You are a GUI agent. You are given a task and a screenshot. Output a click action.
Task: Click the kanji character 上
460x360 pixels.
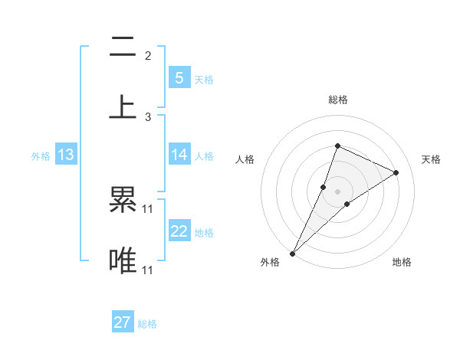123,106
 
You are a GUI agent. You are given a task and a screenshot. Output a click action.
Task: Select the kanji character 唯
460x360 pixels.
123,260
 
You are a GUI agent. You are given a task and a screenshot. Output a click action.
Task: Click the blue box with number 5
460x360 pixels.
179,77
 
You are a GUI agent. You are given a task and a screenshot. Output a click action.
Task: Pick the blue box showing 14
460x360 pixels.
179,155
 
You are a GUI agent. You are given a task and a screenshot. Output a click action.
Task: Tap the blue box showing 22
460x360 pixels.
179,231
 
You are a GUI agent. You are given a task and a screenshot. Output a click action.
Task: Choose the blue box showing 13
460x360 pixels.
66,155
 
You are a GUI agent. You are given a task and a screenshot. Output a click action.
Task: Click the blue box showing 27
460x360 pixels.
123,322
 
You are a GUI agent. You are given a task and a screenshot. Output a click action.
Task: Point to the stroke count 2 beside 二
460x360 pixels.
148,55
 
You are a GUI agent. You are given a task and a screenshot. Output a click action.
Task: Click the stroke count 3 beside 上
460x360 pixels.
148,116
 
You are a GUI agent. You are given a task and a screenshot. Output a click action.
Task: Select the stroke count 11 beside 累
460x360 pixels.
148,208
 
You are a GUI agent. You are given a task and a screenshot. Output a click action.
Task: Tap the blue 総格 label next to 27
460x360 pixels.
147,324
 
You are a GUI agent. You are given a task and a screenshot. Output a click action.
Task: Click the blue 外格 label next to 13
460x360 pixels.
41,156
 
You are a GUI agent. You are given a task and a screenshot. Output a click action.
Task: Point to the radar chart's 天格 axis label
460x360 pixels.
431,159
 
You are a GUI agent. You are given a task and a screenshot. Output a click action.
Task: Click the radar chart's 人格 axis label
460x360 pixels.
245,159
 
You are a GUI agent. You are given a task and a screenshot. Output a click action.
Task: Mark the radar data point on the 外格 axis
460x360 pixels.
292,254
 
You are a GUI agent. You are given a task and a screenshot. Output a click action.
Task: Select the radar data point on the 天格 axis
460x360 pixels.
396,172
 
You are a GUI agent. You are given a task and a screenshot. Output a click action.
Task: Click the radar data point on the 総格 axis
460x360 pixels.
337,146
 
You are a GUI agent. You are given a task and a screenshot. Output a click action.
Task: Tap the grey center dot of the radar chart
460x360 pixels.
337,191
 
